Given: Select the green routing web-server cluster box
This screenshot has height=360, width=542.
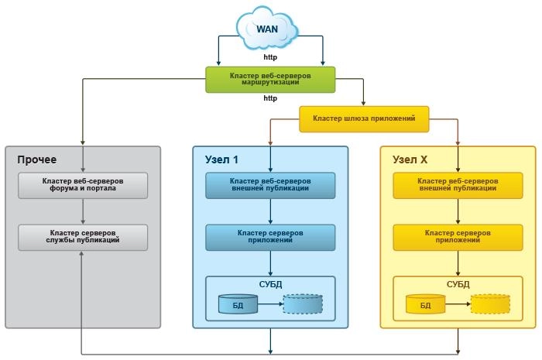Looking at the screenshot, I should tap(270, 79).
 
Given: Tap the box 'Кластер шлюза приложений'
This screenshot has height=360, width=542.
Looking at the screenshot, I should tap(364, 118).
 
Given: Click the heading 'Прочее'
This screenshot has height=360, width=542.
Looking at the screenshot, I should tap(37, 159).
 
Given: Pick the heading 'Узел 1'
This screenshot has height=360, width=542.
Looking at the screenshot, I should tap(221, 159).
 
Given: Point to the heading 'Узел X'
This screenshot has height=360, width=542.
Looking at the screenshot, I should tap(410, 159).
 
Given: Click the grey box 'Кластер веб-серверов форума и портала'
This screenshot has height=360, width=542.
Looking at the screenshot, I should tap(82, 185).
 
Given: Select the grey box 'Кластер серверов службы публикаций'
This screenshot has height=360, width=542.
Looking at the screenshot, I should tap(82, 237).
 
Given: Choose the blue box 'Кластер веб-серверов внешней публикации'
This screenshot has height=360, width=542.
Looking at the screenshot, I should tap(270, 185).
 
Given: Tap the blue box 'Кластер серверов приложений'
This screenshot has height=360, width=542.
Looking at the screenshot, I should tap(270, 237).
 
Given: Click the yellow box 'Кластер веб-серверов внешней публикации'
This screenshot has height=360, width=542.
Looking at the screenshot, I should tap(458, 185).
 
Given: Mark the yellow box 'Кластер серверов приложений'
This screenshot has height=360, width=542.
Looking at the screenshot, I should tap(458, 237).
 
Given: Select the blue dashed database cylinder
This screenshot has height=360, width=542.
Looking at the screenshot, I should tap(302, 304).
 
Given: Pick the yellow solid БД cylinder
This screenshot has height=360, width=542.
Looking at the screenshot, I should tap(425, 304).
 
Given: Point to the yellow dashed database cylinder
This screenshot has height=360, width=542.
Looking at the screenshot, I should tap(489, 304).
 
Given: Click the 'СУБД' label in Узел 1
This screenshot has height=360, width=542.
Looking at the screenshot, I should tap(270, 284).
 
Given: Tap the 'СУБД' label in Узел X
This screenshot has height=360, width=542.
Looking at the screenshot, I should tap(458, 284).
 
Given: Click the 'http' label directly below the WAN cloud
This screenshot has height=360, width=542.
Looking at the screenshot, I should tap(270, 57).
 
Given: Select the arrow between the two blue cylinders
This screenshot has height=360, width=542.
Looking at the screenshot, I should tap(269, 304).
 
